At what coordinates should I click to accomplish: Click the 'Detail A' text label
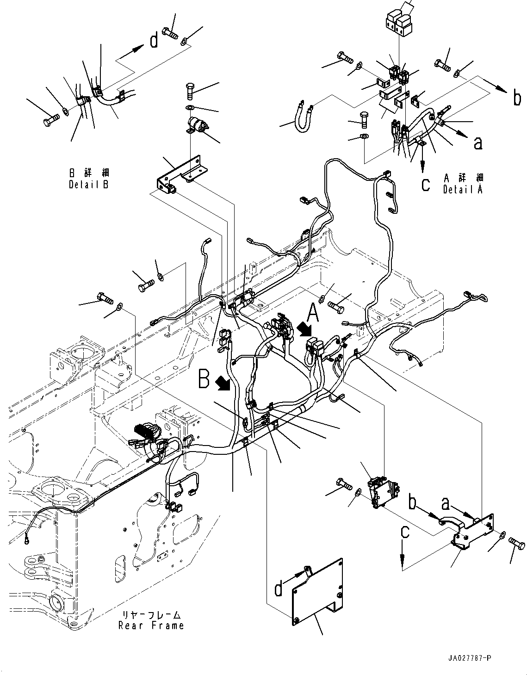point(462,189)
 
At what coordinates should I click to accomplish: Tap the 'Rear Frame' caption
point(151,625)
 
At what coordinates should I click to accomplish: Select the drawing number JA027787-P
point(469,658)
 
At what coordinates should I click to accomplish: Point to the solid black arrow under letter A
point(305,329)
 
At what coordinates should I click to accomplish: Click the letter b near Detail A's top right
point(517,99)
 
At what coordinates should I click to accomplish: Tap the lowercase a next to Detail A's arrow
point(478,142)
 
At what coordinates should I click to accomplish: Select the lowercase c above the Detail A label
point(426,185)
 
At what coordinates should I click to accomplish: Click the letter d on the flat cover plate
point(279,589)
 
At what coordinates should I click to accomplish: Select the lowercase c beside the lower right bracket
point(405,532)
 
